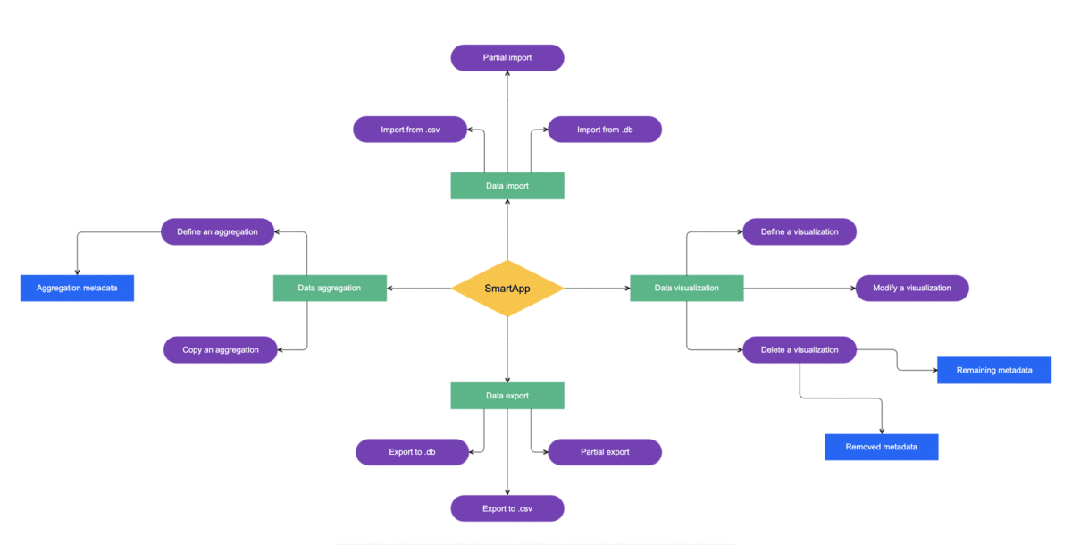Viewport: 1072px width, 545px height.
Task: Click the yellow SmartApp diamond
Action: (x=507, y=289)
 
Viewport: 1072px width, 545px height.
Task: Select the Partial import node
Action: (x=507, y=58)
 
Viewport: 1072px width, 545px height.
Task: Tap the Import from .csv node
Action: (x=410, y=130)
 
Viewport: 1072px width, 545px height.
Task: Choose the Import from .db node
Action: (x=605, y=130)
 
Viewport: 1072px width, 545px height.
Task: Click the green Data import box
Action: (x=507, y=186)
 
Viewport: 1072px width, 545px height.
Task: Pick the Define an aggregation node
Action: (x=217, y=232)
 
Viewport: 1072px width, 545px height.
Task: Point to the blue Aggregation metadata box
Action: (x=77, y=289)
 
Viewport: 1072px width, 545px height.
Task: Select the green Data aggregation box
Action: (x=330, y=289)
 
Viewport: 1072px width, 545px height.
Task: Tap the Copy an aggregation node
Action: (x=221, y=350)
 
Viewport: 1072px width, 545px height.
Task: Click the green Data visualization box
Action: (x=686, y=289)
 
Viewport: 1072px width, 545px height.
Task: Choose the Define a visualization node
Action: (x=800, y=232)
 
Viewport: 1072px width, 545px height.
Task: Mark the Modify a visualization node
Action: (x=912, y=289)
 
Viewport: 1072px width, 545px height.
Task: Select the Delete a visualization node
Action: (x=800, y=350)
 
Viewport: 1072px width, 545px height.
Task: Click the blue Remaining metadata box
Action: (x=994, y=371)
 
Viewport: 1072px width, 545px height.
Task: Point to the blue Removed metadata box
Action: (x=881, y=448)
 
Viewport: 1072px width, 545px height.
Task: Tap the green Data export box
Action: (x=507, y=396)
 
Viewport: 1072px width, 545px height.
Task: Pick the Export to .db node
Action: (x=412, y=452)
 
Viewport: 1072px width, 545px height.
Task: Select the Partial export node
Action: (x=605, y=452)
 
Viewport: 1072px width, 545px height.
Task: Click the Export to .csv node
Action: (x=507, y=509)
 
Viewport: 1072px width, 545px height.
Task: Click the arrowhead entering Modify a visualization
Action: (x=852, y=289)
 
